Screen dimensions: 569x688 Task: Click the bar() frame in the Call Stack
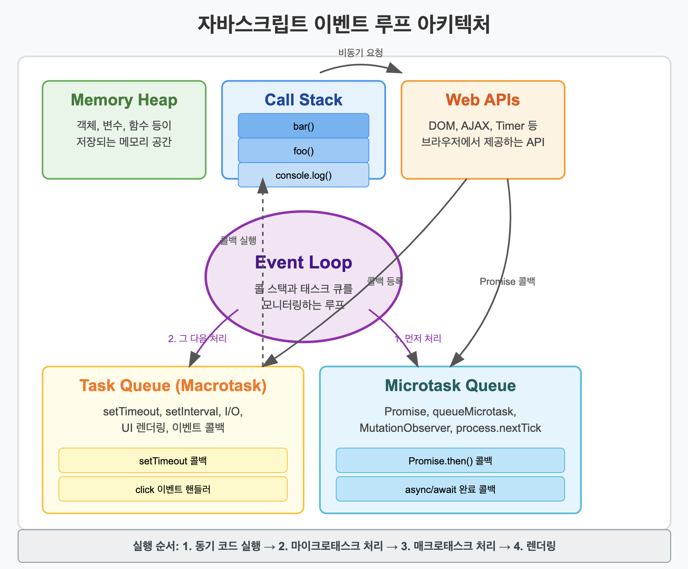303,126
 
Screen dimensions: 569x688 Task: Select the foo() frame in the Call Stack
303,151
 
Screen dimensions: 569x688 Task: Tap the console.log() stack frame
303,175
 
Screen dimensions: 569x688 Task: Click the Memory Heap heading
124,100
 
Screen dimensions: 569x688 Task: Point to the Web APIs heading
483,100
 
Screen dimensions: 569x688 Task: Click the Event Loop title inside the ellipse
303,263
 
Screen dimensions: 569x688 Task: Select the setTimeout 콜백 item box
173,460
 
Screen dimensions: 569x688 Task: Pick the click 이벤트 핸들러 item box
173,489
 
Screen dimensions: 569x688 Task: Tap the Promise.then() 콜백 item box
450,460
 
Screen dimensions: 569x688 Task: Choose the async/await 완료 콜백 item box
450,489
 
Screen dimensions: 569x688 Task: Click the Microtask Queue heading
450,386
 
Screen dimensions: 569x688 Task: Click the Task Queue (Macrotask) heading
173,386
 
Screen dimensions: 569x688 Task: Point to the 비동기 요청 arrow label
360,53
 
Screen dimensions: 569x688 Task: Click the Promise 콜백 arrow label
507,281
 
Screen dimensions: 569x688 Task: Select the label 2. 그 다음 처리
197,338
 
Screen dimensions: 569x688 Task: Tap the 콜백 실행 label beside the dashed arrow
238,240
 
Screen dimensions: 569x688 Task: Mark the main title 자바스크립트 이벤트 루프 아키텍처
344,24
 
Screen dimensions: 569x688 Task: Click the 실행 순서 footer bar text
344,546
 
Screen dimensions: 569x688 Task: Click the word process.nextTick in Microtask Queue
498,428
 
